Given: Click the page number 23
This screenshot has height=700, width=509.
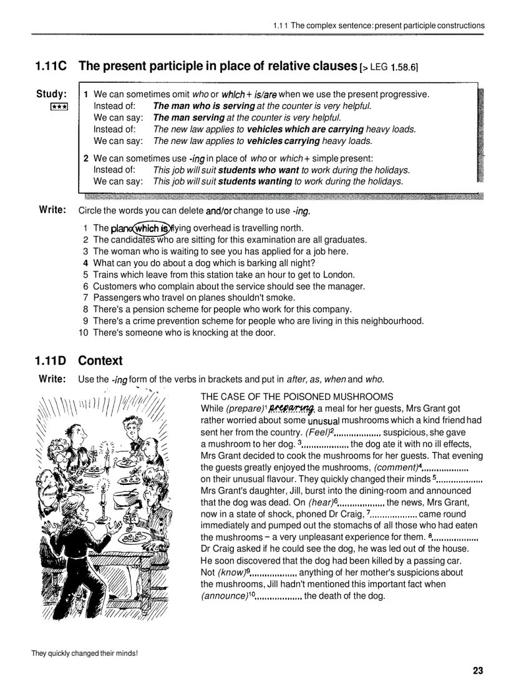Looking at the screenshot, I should pos(478,671).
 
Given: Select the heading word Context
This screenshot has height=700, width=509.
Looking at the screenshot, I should pos(100,360).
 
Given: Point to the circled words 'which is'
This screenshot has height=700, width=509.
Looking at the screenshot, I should pos(147,228).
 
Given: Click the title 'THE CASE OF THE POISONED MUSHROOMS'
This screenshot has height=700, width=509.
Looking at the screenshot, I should pos(297,396).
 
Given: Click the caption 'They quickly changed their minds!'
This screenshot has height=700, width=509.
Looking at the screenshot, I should pos(84,653).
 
